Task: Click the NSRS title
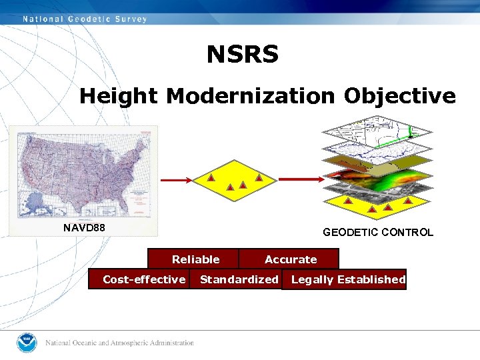(242, 54)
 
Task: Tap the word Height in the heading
(118, 96)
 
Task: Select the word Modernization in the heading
(250, 96)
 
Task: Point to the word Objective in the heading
(400, 96)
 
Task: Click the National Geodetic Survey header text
(85, 19)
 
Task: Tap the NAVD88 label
(84, 228)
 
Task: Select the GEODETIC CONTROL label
(377, 233)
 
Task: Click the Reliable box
(195, 259)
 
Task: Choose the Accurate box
(291, 259)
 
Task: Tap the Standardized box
(239, 279)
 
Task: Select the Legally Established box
(348, 279)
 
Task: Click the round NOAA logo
(27, 343)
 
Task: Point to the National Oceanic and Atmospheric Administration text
(119, 343)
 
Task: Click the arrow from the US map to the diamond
(176, 179)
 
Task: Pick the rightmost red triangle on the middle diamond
(259, 179)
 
